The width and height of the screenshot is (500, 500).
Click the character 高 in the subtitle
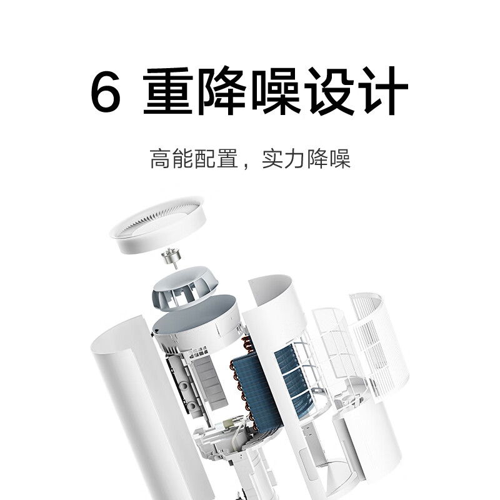pos(160,159)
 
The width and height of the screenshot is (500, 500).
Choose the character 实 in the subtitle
pos(272,159)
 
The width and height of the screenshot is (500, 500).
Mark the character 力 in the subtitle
pos(295,159)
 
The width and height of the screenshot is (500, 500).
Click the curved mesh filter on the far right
pos(375,337)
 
